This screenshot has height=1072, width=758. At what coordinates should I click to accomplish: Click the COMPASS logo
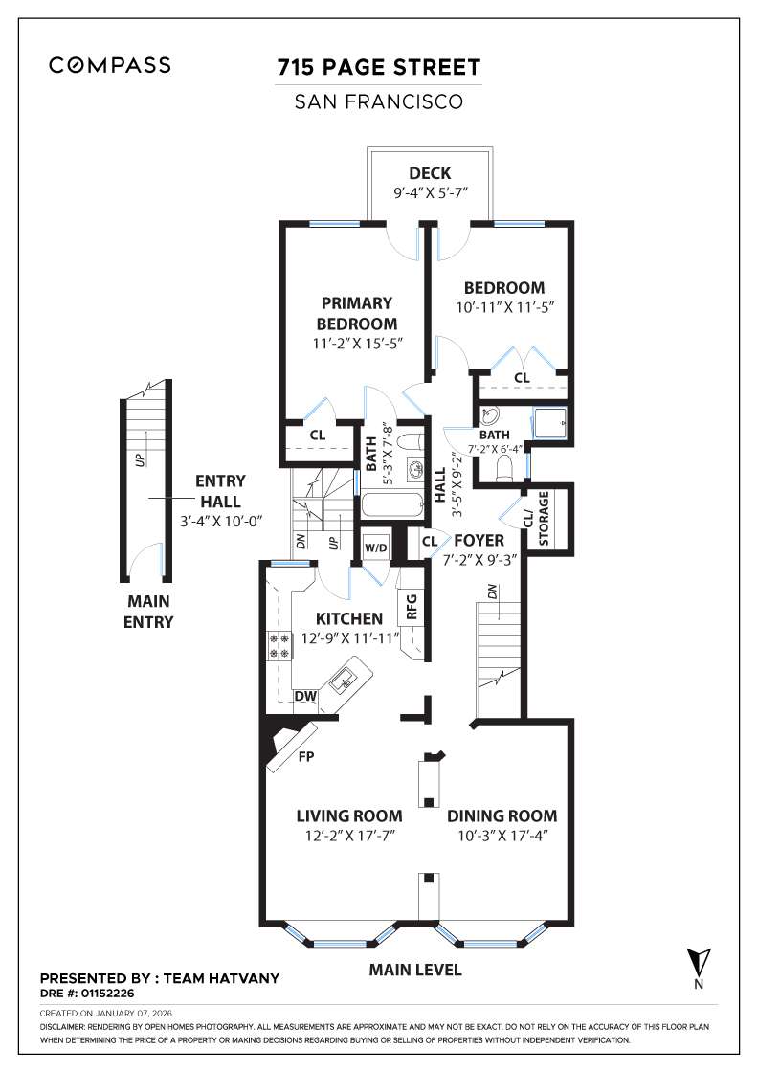[110, 65]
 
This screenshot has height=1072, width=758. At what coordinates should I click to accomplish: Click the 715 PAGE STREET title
[378, 68]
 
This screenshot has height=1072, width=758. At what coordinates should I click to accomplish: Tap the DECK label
[429, 173]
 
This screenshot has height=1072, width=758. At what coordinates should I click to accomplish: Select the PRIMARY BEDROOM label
[356, 313]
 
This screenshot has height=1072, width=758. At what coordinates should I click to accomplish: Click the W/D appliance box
[375, 547]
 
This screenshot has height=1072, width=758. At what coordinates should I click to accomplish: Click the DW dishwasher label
[305, 696]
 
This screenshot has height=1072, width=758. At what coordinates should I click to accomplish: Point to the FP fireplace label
[307, 755]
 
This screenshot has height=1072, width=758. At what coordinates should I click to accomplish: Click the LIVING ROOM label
[348, 816]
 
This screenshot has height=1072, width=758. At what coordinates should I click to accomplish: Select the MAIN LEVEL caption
[415, 970]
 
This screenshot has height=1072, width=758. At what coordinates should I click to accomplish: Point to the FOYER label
[479, 541]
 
